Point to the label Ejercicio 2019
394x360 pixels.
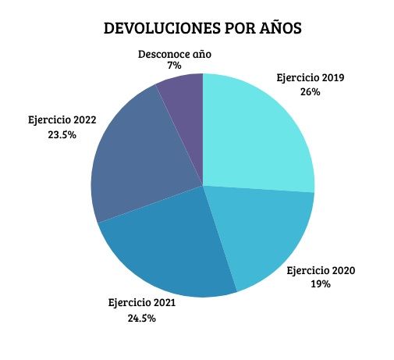311,78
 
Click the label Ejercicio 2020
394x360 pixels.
321,271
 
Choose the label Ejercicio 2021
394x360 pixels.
141,303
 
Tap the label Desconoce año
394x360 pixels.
175,55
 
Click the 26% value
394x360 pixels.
310,91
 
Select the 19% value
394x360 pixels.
321,284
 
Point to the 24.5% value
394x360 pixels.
141,318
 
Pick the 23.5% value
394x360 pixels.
60,134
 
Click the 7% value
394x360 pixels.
175,66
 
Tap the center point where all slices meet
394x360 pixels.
203,186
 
